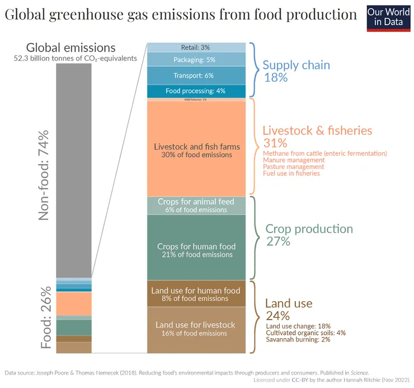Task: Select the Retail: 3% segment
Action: coord(196,48)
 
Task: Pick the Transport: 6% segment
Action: coord(196,76)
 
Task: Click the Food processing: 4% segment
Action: coord(196,91)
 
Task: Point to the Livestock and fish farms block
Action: coord(196,149)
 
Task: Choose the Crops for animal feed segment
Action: coord(196,205)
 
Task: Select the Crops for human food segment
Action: coord(196,250)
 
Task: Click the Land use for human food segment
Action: coord(196,294)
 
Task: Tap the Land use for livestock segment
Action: coord(196,329)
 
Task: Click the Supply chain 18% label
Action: coord(297,71)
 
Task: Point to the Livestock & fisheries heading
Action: coord(317,130)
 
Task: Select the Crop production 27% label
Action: coord(309,235)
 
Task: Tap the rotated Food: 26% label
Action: coord(46,317)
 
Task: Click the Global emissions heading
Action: coord(71,48)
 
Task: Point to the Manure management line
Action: coord(293,160)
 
